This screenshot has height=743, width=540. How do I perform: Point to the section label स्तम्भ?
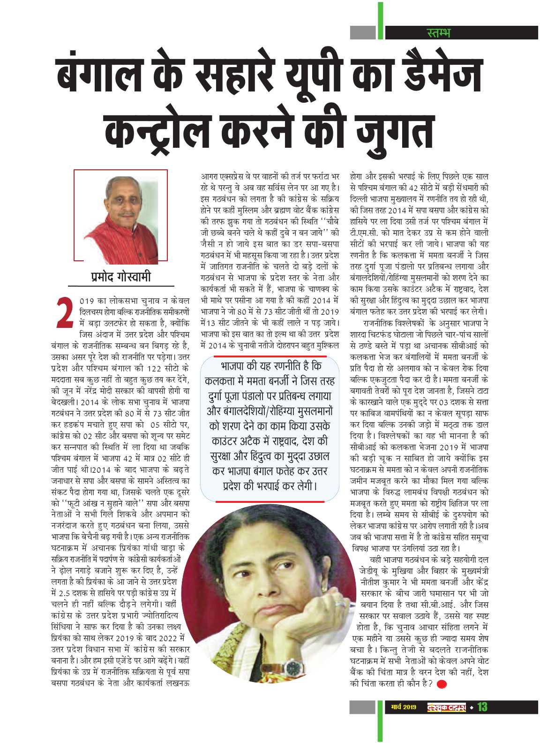(439, 33)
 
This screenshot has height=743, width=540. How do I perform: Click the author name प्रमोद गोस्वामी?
(121, 277)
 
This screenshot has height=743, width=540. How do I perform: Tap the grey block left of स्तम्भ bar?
(363, 32)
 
